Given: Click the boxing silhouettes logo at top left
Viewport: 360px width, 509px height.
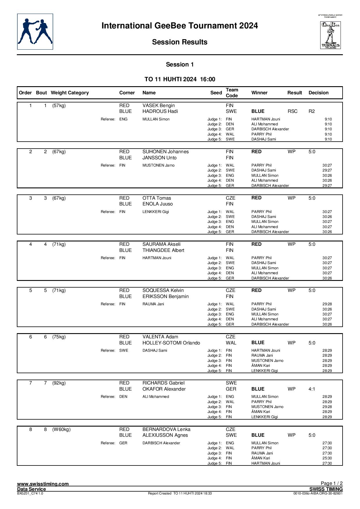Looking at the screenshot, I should [35, 32].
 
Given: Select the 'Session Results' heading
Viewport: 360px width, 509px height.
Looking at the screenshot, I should [179, 42].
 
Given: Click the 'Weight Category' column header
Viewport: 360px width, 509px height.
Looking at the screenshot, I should [70, 93].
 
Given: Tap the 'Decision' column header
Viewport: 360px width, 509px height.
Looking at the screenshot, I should [318, 93].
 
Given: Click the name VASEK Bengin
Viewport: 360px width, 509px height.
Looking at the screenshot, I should [159, 106].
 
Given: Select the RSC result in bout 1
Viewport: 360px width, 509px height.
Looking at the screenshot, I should [292, 111].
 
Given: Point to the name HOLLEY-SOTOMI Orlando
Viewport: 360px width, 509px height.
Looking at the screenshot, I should [171, 343].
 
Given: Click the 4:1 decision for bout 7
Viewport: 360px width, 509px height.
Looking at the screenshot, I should [312, 389].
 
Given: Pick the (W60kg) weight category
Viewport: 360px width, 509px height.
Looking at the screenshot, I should [61, 429].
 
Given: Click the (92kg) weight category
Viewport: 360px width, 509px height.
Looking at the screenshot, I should [59, 383].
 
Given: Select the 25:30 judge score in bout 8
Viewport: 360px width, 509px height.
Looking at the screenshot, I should [327, 458].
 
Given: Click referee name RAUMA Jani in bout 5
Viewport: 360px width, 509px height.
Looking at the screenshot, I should [153, 304].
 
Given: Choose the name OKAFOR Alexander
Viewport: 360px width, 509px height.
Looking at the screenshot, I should [164, 389].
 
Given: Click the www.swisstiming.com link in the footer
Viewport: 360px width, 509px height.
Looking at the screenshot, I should [43, 484].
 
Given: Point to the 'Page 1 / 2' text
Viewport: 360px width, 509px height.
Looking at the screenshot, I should [332, 483].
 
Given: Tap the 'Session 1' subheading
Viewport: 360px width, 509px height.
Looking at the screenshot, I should [180, 65].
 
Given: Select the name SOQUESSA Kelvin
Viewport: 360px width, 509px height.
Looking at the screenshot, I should [163, 290].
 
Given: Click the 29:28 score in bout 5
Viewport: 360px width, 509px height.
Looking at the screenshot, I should [327, 304].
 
